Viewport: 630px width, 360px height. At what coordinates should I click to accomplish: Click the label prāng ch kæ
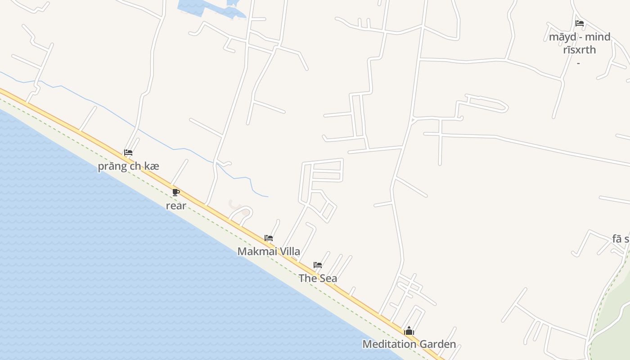point(129,166)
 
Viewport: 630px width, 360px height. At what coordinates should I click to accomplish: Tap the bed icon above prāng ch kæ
point(128,153)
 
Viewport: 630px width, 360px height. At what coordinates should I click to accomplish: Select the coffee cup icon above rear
point(176,193)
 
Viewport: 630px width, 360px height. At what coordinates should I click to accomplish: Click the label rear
point(176,206)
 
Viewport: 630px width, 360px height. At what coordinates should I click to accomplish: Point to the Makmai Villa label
point(269,252)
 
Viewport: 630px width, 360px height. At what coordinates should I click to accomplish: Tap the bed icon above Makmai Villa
point(269,238)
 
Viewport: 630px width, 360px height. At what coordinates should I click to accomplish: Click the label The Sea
point(318,279)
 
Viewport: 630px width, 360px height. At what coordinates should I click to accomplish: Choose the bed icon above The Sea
point(318,265)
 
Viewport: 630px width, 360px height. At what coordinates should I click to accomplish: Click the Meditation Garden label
point(409,344)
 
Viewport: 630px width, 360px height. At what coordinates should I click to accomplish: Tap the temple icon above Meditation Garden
point(409,331)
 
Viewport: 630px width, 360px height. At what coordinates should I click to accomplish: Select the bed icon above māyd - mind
point(580,23)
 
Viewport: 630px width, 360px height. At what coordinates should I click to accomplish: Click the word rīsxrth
point(580,49)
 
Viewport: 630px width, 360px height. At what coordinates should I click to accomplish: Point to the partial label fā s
point(621,239)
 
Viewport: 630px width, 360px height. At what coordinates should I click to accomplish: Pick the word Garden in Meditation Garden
point(437,344)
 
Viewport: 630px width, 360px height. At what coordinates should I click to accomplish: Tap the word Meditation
point(390,344)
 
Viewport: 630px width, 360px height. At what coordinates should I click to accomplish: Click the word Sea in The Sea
point(328,279)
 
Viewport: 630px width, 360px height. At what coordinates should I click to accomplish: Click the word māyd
point(559,37)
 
